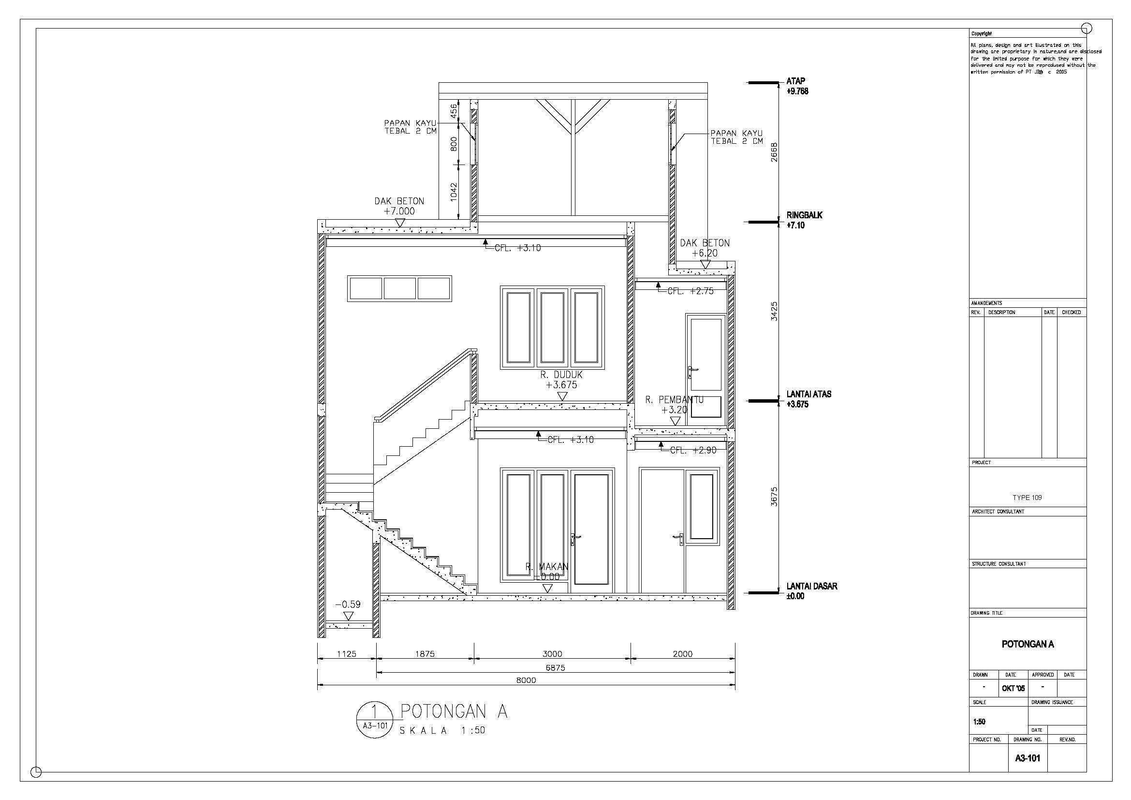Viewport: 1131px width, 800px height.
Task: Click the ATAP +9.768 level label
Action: tap(797, 86)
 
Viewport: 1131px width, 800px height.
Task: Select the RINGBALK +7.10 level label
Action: tap(804, 220)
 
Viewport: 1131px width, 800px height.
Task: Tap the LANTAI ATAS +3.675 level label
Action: tap(808, 399)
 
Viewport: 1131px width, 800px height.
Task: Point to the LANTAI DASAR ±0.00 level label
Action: tap(811, 591)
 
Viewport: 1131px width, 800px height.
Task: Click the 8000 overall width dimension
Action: tap(526, 680)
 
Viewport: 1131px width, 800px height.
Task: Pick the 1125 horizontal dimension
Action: tap(346, 654)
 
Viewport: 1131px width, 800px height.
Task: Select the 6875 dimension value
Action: tap(555, 668)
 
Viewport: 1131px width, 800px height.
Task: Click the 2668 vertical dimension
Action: tap(774, 152)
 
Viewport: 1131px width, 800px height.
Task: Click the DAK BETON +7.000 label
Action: tap(399, 206)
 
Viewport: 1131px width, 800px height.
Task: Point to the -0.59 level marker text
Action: tap(348, 604)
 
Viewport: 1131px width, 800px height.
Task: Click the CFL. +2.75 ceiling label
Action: tap(690, 291)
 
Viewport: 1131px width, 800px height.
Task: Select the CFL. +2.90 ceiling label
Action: tap(693, 450)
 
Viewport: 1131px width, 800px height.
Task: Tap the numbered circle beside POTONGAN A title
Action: tap(375, 720)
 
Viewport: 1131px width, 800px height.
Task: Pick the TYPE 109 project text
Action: tap(1027, 498)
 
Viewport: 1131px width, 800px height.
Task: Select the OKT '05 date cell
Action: tap(1013, 688)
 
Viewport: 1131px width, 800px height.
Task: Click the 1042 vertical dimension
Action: tap(454, 191)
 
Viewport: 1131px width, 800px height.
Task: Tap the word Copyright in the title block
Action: tap(981, 33)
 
